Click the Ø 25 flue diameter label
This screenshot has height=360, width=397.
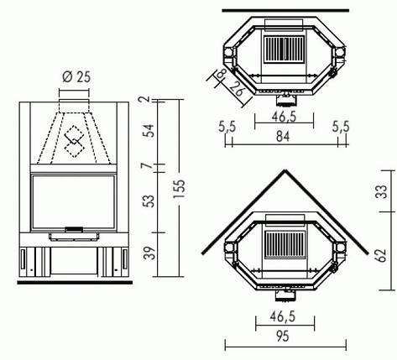pos(76,77)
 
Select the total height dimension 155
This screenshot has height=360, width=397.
pos(181,189)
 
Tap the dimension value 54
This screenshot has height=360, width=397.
pos(150,131)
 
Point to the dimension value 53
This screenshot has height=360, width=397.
pos(150,201)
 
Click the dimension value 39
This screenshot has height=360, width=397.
pos(150,253)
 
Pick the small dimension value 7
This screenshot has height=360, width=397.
pos(149,165)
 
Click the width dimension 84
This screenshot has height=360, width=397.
pos(283,137)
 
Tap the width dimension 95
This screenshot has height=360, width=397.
pos(283,337)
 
